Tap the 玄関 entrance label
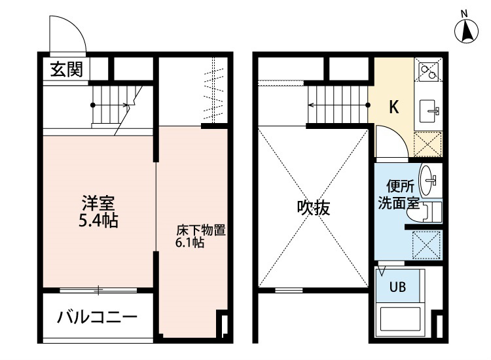[67, 69]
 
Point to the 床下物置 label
[201, 230]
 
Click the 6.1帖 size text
[190, 243]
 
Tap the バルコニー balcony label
[97, 319]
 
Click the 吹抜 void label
[314, 209]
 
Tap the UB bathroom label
[398, 287]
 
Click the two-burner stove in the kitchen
[429, 69]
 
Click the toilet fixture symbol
[431, 211]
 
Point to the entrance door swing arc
[67, 33]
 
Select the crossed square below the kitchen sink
[429, 143]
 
